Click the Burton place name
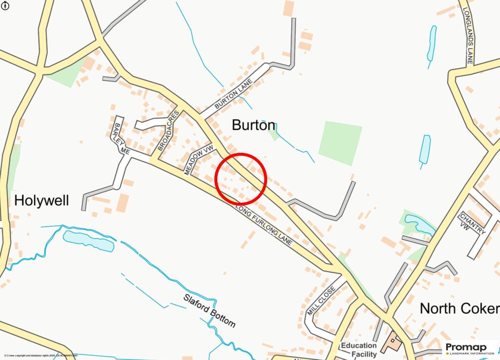click(253, 125)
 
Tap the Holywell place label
click(42, 200)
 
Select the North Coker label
click(459, 308)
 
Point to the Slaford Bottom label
click(209, 311)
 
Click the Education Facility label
click(359, 350)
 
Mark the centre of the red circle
click(240, 178)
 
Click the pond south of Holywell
click(88, 241)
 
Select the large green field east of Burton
click(340, 143)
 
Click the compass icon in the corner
click(5, 5)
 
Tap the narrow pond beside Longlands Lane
click(431, 42)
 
